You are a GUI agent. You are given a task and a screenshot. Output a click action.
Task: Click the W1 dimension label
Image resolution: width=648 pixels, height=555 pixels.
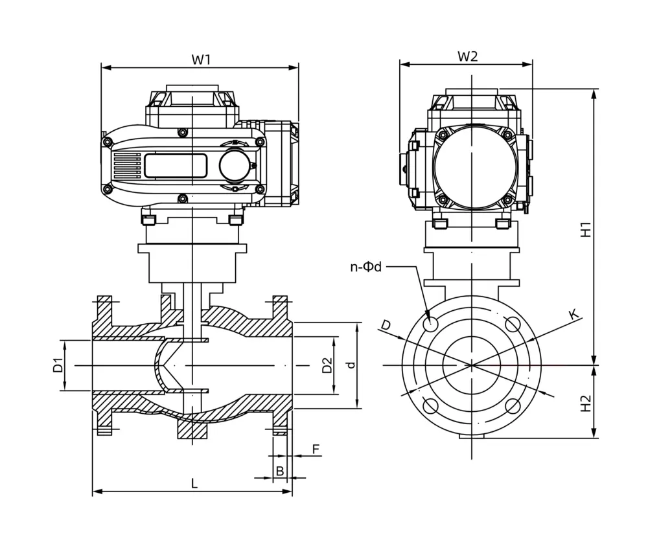click(x=201, y=60)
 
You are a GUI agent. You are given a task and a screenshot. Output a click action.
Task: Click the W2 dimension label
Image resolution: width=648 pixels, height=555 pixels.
click(x=467, y=56)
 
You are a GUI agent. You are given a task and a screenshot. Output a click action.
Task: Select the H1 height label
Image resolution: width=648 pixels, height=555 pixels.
click(x=586, y=229)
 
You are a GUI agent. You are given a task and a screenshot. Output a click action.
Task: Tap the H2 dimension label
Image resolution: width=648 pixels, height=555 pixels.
click(x=586, y=403)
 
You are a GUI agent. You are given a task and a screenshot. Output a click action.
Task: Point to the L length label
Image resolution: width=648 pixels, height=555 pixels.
click(x=194, y=483)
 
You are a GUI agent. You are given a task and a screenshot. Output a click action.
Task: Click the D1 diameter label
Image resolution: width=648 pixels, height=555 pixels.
click(x=58, y=365)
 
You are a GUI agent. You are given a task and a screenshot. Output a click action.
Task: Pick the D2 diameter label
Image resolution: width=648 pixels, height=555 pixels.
click(x=327, y=365)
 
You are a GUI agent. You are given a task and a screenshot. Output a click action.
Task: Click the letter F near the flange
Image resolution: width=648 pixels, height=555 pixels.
click(x=316, y=449)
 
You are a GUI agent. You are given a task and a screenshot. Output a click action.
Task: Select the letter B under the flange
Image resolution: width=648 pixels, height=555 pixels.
click(x=280, y=471)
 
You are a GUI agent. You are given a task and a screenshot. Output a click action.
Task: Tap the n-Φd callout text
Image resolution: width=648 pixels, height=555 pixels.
click(x=366, y=267)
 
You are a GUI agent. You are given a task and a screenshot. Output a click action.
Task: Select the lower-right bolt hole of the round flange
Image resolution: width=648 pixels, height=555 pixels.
click(x=513, y=407)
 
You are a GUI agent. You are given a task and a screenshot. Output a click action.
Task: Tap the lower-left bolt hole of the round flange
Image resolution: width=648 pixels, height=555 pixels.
click(x=430, y=407)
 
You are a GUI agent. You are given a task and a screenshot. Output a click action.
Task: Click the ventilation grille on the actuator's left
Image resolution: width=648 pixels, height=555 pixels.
click(x=127, y=166)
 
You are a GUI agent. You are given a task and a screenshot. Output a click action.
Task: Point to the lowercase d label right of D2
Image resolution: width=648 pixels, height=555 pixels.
click(x=351, y=365)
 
